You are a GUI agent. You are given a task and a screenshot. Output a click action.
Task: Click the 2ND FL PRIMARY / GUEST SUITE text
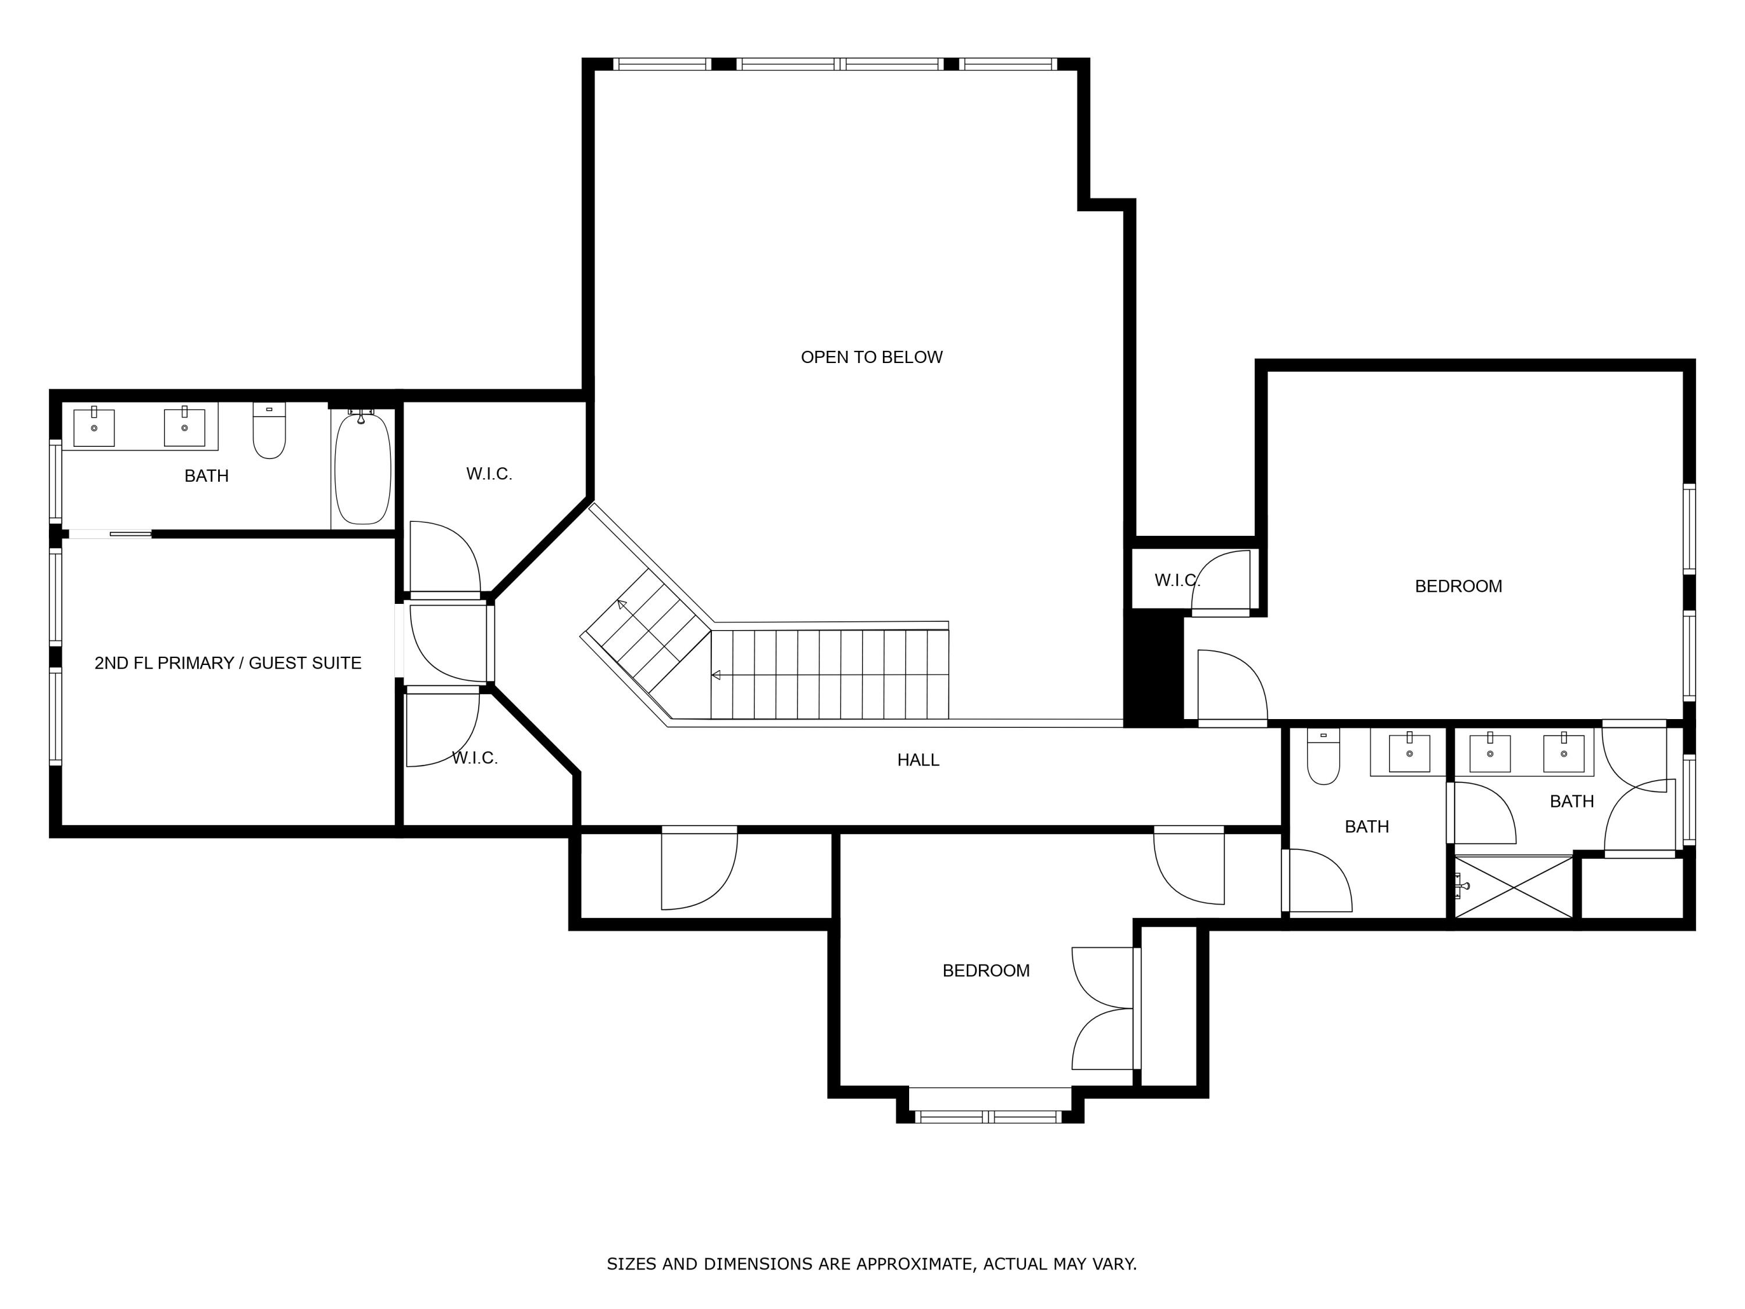coord(227,663)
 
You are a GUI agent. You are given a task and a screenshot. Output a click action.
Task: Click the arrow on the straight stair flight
coord(716,675)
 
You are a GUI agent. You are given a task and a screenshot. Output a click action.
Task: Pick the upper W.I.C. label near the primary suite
coord(489,474)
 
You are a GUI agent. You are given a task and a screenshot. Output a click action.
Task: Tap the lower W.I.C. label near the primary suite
coord(474,758)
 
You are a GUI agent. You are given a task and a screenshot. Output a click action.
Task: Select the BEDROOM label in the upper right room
coord(1458,586)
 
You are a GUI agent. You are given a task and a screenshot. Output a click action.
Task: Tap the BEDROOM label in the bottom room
coord(985,970)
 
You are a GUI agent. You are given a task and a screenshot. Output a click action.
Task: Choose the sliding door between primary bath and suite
coord(111,534)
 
